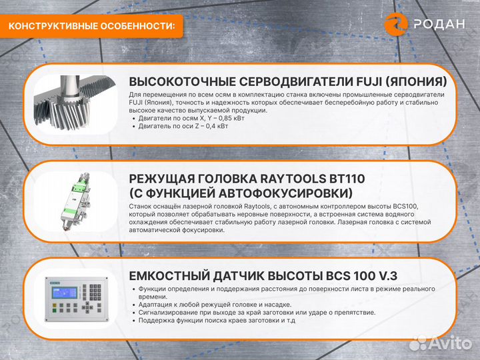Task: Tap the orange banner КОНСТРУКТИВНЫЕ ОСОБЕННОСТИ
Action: click(93, 27)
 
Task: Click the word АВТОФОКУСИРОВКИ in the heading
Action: click(279, 193)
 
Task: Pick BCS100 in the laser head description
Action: click(402, 207)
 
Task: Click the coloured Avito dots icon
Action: click(418, 343)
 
